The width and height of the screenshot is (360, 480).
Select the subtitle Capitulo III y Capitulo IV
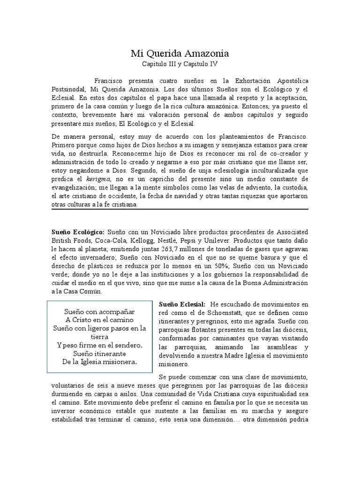click(x=180, y=64)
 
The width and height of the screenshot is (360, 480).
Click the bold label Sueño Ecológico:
click(x=78, y=232)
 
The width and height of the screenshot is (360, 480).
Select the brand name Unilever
click(x=213, y=240)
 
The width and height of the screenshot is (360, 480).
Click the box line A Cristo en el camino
click(x=99, y=320)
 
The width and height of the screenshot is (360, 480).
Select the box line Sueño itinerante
click(x=99, y=353)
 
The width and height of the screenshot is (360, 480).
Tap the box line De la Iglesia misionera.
click(x=99, y=362)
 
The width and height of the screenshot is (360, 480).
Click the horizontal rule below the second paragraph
click(x=180, y=209)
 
